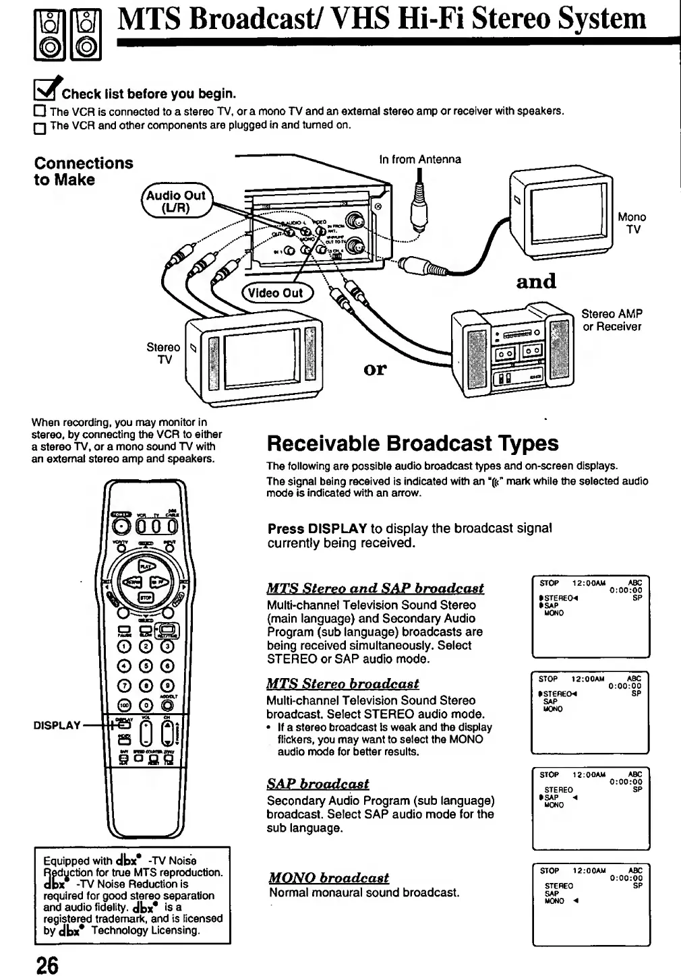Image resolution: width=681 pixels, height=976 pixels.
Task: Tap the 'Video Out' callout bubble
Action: [x=273, y=293]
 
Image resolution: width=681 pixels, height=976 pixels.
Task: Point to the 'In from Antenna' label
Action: [x=420, y=160]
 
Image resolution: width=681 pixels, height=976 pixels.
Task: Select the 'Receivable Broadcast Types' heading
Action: [x=413, y=444]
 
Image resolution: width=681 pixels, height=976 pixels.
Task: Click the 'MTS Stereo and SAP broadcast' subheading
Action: [x=376, y=588]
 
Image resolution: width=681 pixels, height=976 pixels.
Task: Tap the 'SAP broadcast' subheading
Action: [x=318, y=784]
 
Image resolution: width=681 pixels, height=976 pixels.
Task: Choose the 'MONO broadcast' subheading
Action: [x=329, y=878]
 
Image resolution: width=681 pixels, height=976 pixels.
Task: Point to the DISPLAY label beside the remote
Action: [x=57, y=725]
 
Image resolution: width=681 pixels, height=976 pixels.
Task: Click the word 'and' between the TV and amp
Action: [x=536, y=280]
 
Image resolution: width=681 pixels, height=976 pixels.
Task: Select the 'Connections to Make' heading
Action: [x=84, y=171]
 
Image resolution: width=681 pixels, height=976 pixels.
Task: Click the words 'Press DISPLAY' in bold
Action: [x=317, y=528]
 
